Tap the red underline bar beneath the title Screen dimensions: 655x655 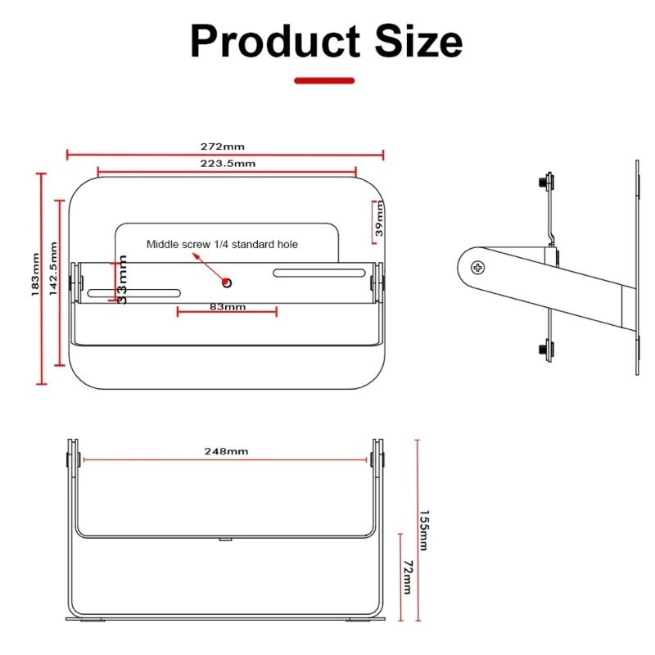point(324,80)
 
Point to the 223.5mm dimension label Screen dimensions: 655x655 point(228,164)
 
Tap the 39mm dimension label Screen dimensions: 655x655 point(379,219)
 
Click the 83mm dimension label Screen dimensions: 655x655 point(227,307)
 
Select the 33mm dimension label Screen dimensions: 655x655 point(122,279)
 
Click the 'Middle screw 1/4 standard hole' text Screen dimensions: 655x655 point(222,244)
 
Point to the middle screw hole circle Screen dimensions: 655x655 point(228,282)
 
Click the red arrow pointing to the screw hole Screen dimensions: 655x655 point(210,268)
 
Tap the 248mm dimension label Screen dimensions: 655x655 point(227,451)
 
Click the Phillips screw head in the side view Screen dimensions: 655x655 point(477,266)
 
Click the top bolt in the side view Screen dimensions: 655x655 point(544,181)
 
